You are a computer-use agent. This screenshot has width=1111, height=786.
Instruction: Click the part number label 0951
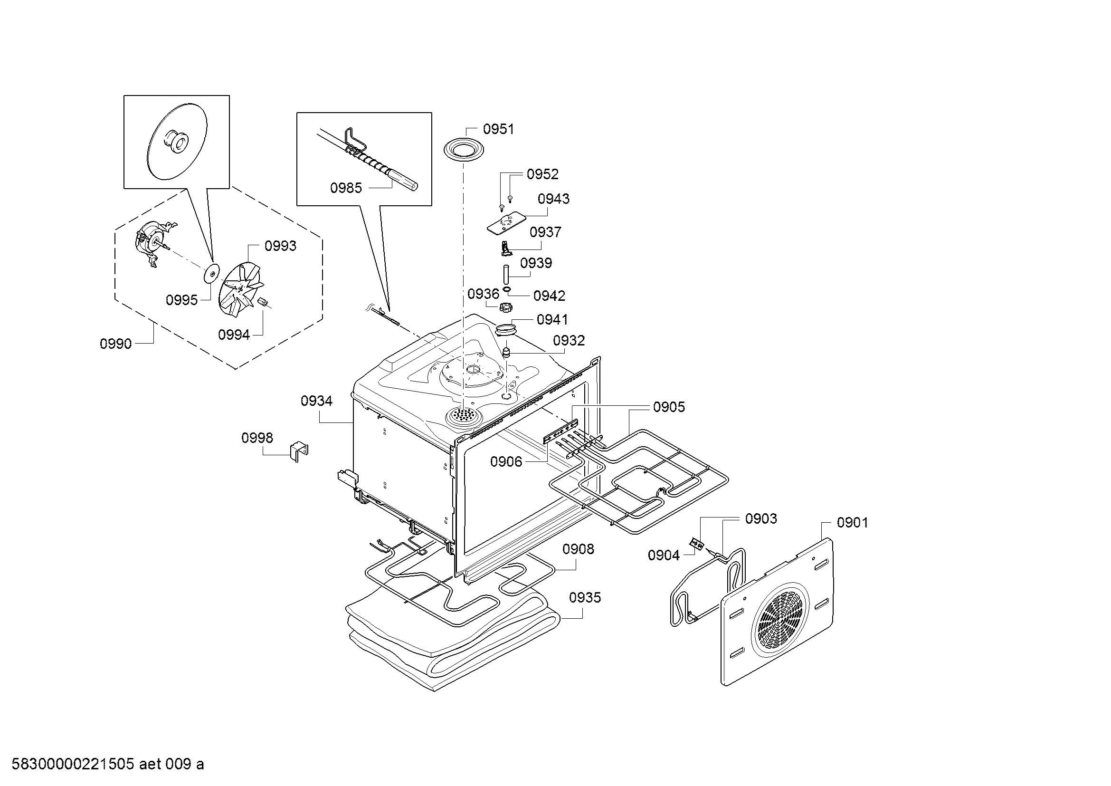pyautogui.click(x=498, y=129)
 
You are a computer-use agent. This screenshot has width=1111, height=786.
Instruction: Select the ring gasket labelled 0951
pyautogui.click(x=464, y=150)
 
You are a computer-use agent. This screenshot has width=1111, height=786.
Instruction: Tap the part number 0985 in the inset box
pyautogui.click(x=346, y=188)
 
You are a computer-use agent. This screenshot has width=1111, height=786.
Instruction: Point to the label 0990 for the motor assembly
pyautogui.click(x=115, y=344)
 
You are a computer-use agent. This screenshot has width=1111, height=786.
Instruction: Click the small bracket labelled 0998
pyautogui.click(x=299, y=451)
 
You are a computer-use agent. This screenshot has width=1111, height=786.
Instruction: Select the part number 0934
pyautogui.click(x=316, y=401)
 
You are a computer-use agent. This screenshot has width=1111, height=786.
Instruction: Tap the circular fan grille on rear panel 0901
pyautogui.click(x=780, y=623)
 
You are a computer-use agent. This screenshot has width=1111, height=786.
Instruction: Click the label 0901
pyautogui.click(x=853, y=523)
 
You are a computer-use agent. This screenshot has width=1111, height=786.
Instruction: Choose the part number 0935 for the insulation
pyautogui.click(x=585, y=598)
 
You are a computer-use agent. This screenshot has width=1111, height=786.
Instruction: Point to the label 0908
pyautogui.click(x=578, y=549)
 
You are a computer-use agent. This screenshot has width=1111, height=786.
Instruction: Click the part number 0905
pyautogui.click(x=669, y=407)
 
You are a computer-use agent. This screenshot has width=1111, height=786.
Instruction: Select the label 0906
pyautogui.click(x=506, y=462)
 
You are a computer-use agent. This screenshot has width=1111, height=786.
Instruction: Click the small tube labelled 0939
pyautogui.click(x=505, y=276)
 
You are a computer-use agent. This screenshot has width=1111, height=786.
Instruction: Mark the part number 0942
pyautogui.click(x=549, y=296)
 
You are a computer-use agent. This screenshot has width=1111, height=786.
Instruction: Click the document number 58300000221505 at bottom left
pyautogui.click(x=73, y=764)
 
